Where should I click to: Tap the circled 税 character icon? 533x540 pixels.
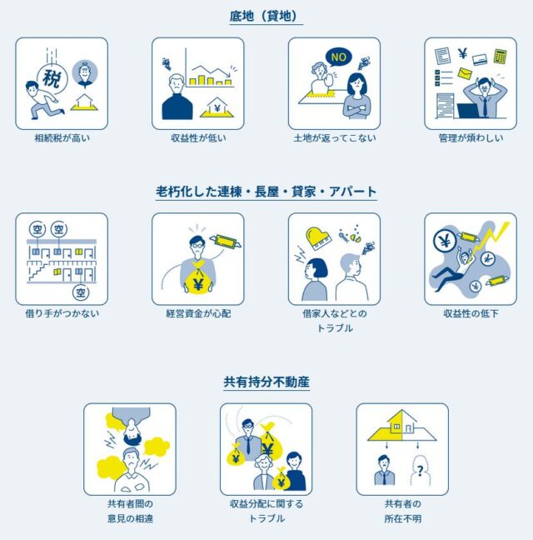coord(52,78)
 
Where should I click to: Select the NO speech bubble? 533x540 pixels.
coord(339,57)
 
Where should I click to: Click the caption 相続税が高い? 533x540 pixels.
coord(62,138)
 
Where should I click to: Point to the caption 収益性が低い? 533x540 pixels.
coord(198,138)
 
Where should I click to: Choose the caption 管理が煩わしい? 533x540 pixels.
coord(471,138)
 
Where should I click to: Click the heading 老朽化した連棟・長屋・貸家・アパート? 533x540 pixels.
coord(266,192)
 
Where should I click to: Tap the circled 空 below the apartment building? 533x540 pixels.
coord(81,292)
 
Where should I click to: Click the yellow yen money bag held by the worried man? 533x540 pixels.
coord(197,278)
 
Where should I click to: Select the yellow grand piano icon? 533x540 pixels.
coord(318,237)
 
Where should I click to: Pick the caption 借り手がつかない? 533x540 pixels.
coord(62,313)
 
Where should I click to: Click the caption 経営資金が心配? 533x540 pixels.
coord(198,313)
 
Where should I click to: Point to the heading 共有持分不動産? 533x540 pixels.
coord(266,382)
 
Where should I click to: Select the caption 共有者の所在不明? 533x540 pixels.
coord(402,511)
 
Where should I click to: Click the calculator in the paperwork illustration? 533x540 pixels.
coord(500,57)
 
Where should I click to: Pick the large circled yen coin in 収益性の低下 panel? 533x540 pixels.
coord(445,241)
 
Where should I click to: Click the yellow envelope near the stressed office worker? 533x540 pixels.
coord(465,73)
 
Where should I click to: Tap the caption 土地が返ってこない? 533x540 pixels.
coord(335,138)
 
